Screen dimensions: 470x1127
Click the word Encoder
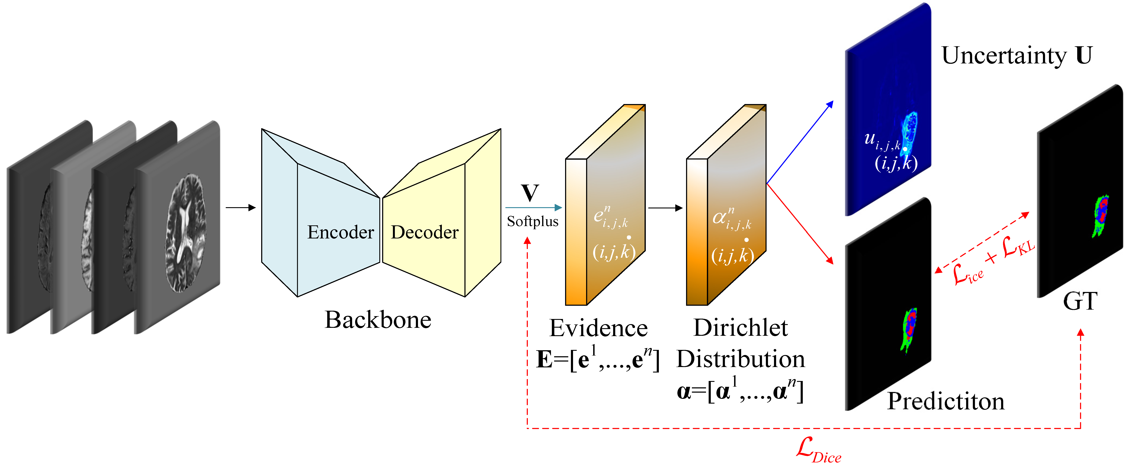[x=340, y=232]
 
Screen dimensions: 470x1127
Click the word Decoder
[x=424, y=232]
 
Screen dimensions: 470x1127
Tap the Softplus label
[x=532, y=221]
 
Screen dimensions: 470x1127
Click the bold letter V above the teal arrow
[x=530, y=193]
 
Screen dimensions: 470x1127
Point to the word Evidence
[x=598, y=328]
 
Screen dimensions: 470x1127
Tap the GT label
[x=1080, y=301]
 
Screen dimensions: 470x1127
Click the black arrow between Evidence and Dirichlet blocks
[x=665, y=208]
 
